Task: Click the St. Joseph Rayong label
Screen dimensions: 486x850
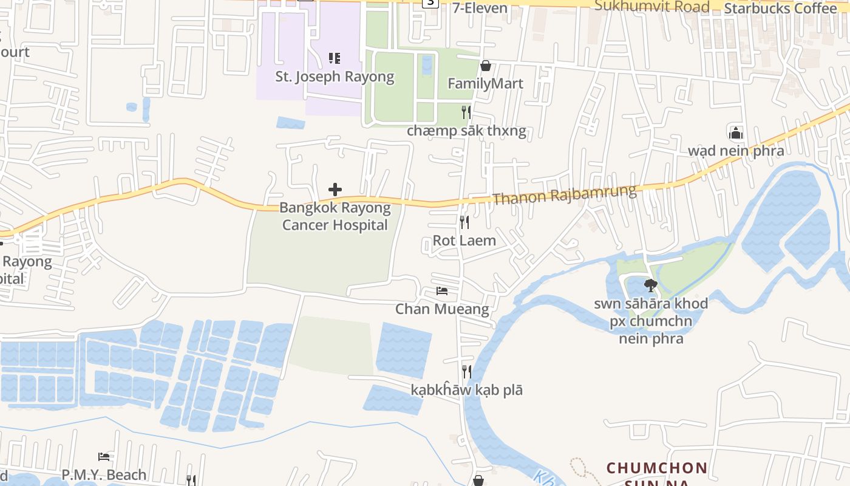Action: click(x=335, y=77)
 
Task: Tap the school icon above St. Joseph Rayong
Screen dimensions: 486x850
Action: click(x=335, y=58)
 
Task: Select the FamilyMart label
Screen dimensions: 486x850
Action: click(x=485, y=83)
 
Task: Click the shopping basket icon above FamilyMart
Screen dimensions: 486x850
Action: click(x=486, y=66)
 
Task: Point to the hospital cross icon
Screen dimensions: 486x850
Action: click(x=335, y=190)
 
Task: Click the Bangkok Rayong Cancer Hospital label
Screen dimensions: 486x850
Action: click(x=335, y=216)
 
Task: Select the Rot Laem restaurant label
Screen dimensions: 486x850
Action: click(x=464, y=241)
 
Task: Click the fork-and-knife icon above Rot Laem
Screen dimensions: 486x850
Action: click(x=464, y=222)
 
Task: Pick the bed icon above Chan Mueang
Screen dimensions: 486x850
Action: click(x=442, y=292)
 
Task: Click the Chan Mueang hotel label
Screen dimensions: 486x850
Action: click(x=442, y=309)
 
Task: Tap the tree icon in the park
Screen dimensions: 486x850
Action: click(x=651, y=285)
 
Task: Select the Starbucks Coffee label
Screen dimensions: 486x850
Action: click(x=780, y=9)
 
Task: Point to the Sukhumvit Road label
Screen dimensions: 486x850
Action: click(x=652, y=7)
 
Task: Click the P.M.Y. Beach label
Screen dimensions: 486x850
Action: click(x=104, y=474)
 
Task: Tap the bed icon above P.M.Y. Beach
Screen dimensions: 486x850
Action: click(x=104, y=457)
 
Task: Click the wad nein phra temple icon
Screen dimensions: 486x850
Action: click(x=736, y=133)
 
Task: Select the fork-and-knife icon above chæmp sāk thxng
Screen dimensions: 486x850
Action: click(x=466, y=112)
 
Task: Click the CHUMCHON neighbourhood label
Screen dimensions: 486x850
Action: click(x=657, y=468)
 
